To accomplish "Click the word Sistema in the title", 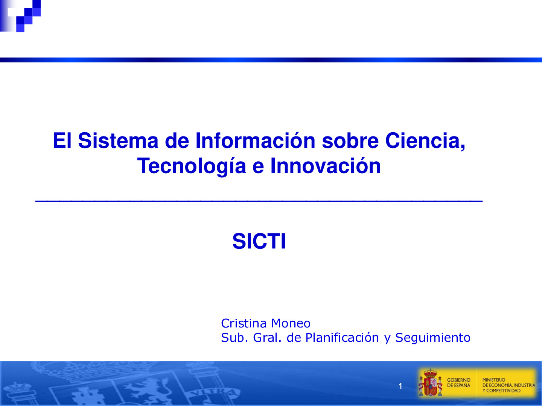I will click(x=118, y=141).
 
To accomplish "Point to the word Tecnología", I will click(x=191, y=166).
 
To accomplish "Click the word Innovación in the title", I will click(x=326, y=166).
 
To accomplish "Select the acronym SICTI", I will click(x=259, y=241).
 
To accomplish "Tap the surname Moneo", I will click(x=291, y=323).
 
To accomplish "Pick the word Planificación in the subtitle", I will click(x=342, y=338).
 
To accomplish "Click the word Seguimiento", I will click(x=432, y=338).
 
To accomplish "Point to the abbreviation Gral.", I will click(x=267, y=338).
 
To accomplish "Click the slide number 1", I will click(x=400, y=386).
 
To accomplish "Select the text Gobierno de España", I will click(x=458, y=383).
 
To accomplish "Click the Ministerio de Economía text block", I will click(x=508, y=385).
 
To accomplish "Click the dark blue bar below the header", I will click(x=271, y=60).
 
